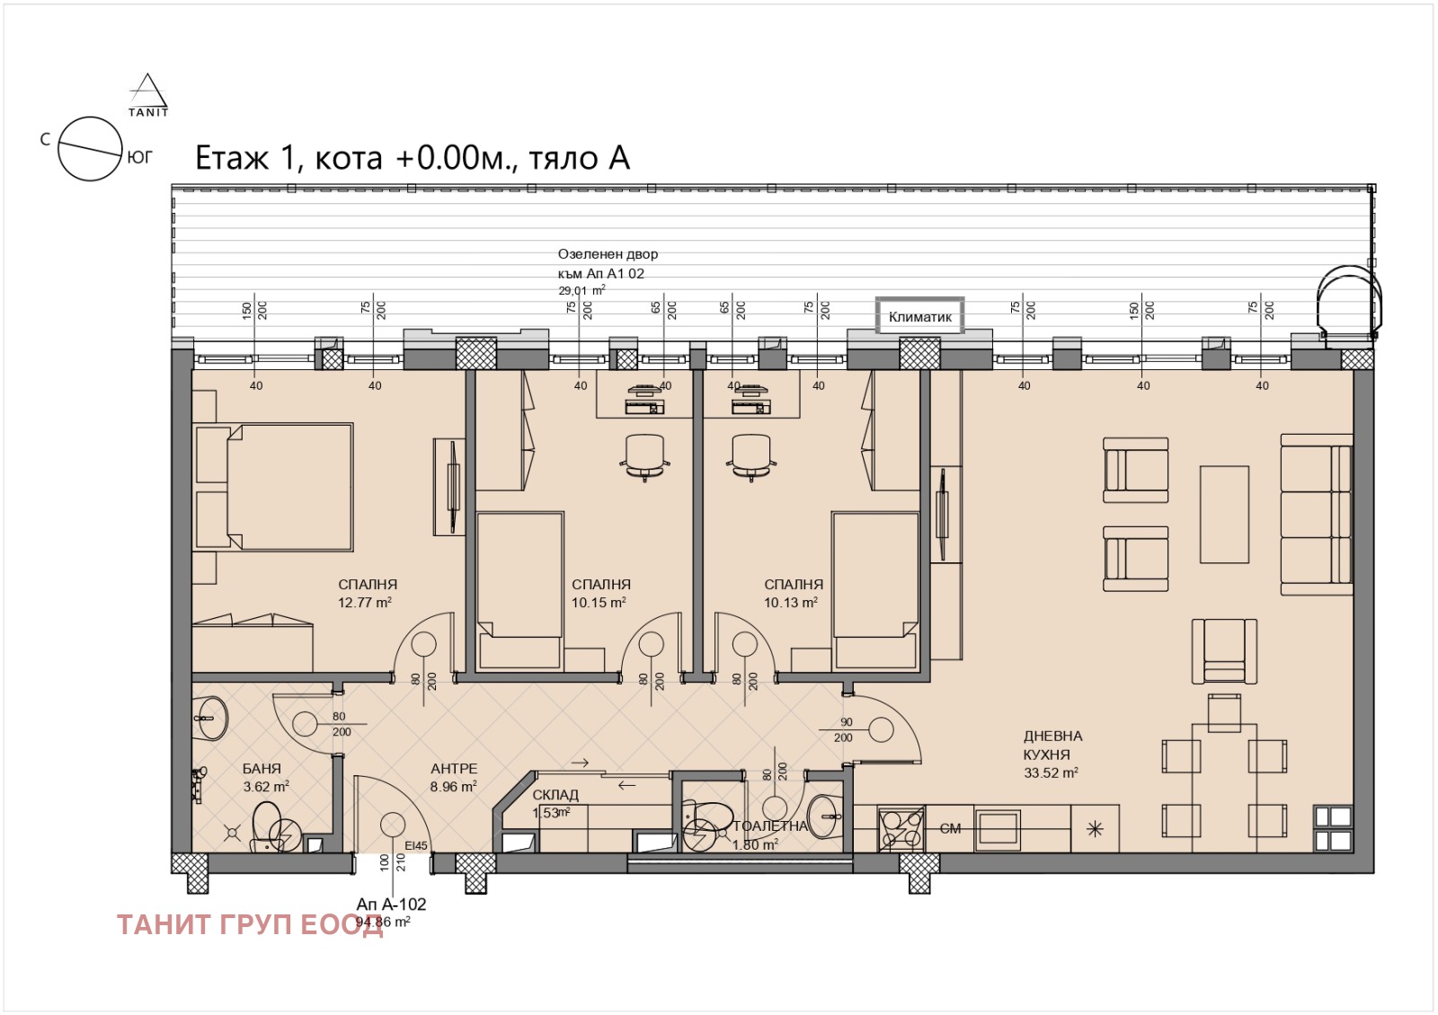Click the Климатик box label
(x=919, y=316)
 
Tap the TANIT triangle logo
(x=148, y=95)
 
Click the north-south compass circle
(x=90, y=148)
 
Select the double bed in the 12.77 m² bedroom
(x=274, y=486)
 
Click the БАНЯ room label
(x=262, y=769)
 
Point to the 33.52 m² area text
(x=1051, y=772)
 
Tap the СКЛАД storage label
(x=555, y=795)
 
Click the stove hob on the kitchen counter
(x=901, y=829)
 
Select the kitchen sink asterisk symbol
(x=1095, y=829)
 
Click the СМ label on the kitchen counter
(x=950, y=829)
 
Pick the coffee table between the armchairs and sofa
(x=1224, y=514)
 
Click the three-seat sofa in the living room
(x=1317, y=514)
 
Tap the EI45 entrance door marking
(x=416, y=845)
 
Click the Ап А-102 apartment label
(x=391, y=904)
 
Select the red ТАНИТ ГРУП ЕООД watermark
(x=250, y=925)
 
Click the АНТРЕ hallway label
(x=454, y=769)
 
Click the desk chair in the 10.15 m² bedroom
(x=644, y=455)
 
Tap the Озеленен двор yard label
(x=608, y=254)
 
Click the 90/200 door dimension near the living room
(x=845, y=729)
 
